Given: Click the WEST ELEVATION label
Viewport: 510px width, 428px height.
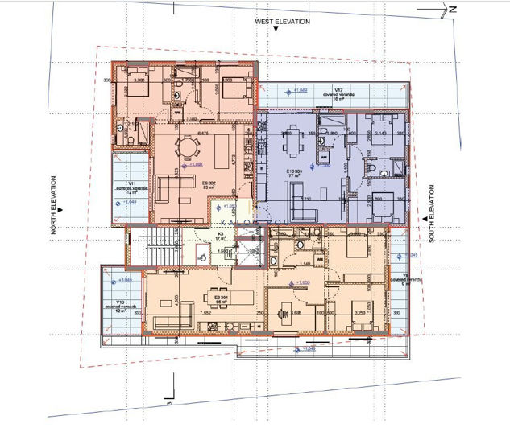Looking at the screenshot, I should click(x=280, y=22).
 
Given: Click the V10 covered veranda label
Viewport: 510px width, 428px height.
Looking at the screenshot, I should click(x=122, y=306).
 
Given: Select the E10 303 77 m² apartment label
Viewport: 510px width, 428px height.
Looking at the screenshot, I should click(x=291, y=174).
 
